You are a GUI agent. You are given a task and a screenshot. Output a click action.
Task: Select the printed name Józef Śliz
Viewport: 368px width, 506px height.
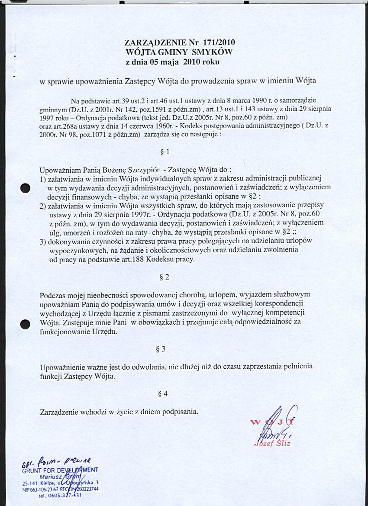272,443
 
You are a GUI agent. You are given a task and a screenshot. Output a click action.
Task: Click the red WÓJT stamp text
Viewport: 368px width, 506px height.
274,422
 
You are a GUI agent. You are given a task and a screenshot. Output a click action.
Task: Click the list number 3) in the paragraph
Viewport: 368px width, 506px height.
43,241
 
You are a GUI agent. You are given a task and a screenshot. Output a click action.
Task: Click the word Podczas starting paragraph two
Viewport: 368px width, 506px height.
52,295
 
